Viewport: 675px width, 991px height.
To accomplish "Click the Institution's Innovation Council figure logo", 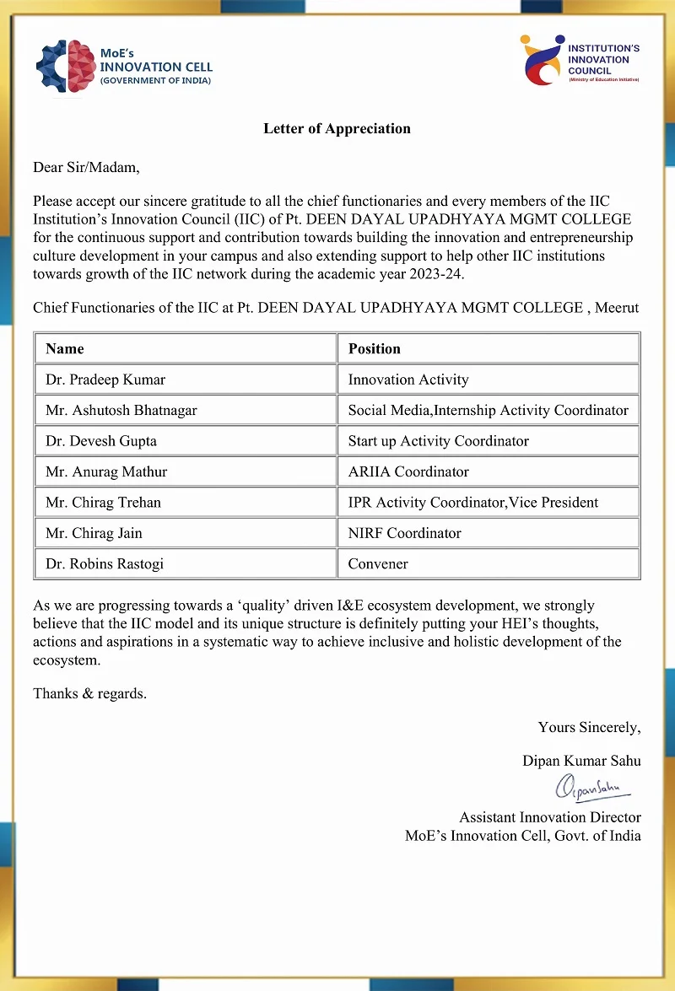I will [x=542, y=60].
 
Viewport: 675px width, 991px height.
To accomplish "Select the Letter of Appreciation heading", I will [x=337, y=129].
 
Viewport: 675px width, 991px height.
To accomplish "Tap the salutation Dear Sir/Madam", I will [x=86, y=167].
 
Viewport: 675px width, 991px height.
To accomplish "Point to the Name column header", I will [x=65, y=348].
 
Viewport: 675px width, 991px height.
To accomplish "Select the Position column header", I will [x=374, y=348].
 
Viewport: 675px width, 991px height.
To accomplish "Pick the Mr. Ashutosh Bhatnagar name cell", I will [x=121, y=410].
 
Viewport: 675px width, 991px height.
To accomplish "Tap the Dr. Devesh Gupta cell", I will [x=101, y=441].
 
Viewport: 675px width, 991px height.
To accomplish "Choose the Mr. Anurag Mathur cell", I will [x=106, y=471].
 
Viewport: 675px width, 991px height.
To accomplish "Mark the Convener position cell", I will [x=378, y=563].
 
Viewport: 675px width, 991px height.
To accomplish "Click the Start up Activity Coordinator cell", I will [x=439, y=441].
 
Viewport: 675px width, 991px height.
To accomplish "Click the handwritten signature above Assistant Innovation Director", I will [x=591, y=788].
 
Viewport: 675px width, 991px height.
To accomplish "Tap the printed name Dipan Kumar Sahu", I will [x=581, y=761].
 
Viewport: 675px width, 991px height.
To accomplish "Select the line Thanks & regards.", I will [x=89, y=693].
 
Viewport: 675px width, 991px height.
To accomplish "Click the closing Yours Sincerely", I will [x=589, y=727].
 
